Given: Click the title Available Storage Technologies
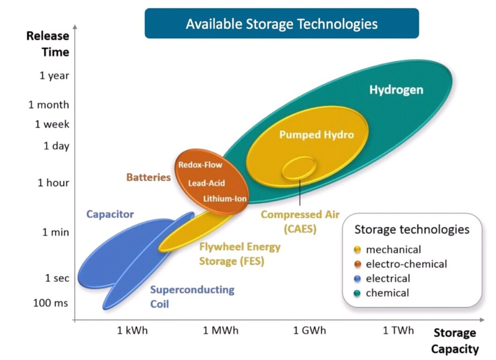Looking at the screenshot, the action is [281, 23].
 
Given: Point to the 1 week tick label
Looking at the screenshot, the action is [52, 124].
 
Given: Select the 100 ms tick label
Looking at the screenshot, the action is [51, 303].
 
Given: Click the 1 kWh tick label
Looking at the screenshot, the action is [132, 331].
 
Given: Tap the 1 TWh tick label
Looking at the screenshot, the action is [399, 331].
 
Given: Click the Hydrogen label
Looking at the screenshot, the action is [396, 90].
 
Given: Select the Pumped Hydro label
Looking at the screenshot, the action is [317, 135].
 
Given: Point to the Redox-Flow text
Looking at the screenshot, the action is [200, 165].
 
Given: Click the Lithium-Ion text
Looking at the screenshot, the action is [225, 198].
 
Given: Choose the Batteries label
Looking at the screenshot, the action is [148, 177].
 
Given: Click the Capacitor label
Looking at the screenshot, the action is [110, 214].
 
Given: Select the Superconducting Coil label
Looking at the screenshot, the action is [192, 296].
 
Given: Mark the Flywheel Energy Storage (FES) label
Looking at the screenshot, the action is [239, 254].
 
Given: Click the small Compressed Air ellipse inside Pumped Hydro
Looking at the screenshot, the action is [299, 168].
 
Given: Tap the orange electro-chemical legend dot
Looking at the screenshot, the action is [358, 264].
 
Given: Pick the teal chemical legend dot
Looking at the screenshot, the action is [358, 293].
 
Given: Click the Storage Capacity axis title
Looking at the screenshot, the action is [454, 341].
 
